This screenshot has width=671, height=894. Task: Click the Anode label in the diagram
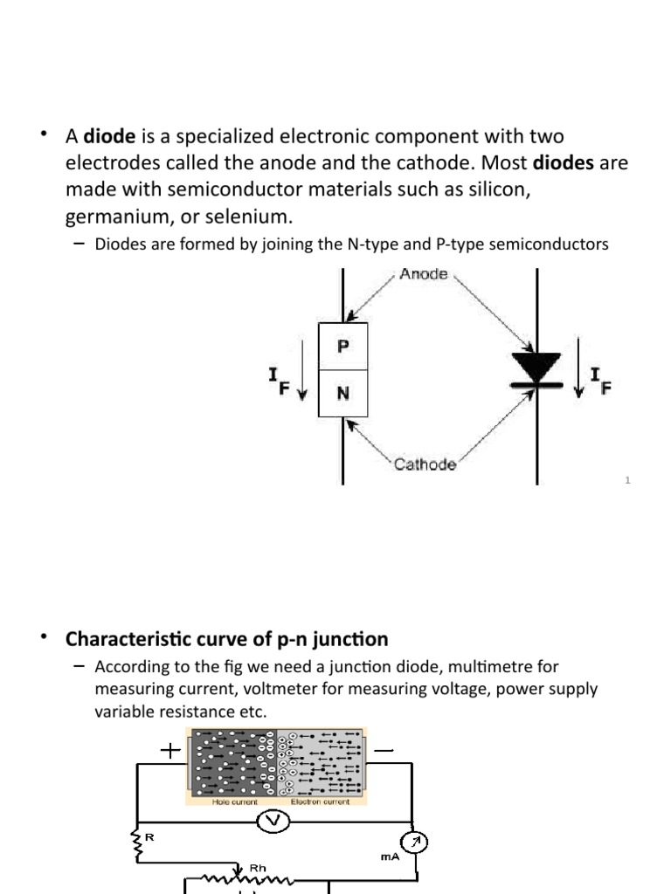pos(424,274)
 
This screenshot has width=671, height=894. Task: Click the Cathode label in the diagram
pos(425,464)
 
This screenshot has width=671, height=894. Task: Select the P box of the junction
pos(342,346)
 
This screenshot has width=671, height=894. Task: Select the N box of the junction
pos(342,393)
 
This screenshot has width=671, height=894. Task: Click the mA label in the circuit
pos(391,857)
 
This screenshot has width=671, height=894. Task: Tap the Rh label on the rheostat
pos(259,869)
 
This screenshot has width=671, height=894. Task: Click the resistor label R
pos(149,837)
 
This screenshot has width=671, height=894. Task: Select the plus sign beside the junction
pos(169,750)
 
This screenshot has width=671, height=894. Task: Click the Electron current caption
pos(319,801)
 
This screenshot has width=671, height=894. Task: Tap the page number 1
pos(628,481)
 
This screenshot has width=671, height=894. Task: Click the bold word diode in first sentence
pos(109,137)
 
